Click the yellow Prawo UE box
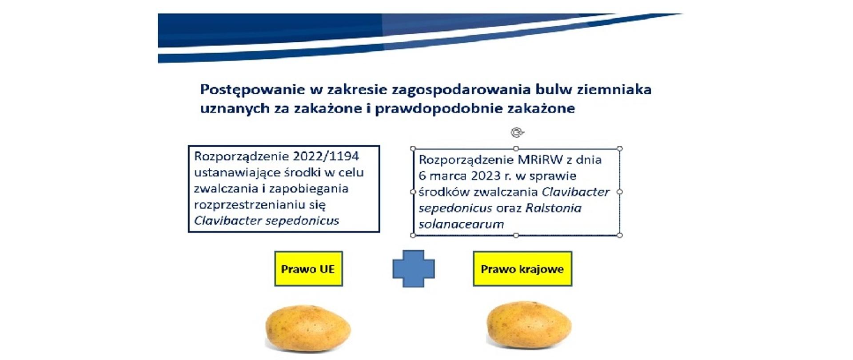(x=308, y=268)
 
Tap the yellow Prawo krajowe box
(x=522, y=268)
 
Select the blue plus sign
(x=414, y=268)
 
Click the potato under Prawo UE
(x=308, y=328)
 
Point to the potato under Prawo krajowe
(x=529, y=326)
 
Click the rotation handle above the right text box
(x=517, y=132)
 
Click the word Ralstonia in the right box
(x=553, y=208)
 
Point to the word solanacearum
(x=461, y=224)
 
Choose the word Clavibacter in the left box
(x=228, y=220)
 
